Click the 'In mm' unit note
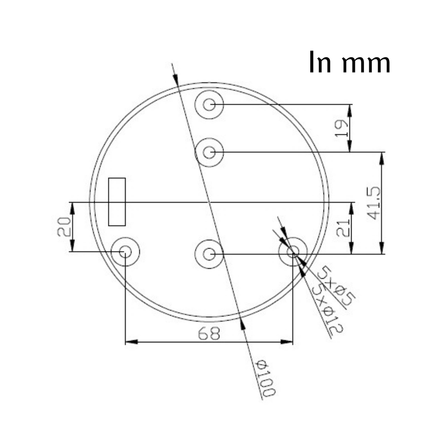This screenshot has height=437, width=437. click(349, 62)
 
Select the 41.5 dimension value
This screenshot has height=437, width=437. click(374, 203)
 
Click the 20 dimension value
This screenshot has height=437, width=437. click(64, 227)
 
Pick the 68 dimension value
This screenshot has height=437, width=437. click(209, 334)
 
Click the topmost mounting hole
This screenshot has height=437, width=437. click(209, 104)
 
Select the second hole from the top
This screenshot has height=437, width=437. click(209, 153)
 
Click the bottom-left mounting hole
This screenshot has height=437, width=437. click(125, 252)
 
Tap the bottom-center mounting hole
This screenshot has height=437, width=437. click(209, 254)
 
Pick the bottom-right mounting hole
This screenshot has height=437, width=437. click(293, 252)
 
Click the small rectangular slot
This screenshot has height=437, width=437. click(117, 202)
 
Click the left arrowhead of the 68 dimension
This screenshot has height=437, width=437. click(131, 342)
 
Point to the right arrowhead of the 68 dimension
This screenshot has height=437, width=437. click(287, 342)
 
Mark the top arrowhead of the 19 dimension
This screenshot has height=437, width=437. click(350, 110)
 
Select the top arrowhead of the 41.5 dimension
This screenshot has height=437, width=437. click(382, 158)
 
